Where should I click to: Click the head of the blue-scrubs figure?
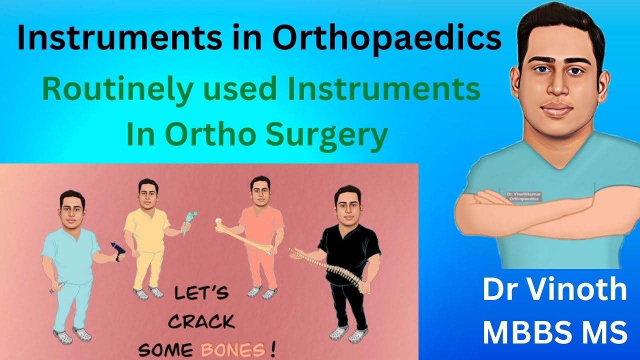pyautogui.click(x=72, y=206)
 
